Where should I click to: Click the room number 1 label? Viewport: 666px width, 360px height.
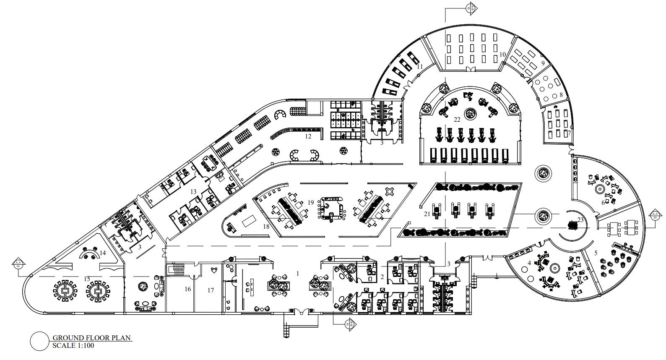(298, 274)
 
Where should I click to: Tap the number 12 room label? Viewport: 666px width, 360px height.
(308, 136)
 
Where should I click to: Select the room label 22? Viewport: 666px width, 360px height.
(457, 120)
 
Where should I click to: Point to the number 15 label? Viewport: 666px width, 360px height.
(87, 279)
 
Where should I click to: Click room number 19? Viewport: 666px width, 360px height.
(310, 202)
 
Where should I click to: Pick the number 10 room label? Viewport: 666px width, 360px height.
(502, 55)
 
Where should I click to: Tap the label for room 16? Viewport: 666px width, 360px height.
(187, 289)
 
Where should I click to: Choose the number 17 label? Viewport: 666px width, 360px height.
(211, 290)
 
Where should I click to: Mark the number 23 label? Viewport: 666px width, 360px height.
(580, 219)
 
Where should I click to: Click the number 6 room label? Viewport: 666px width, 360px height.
(604, 203)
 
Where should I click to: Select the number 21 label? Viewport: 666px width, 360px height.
(427, 214)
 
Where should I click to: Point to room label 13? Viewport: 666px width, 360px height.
(193, 192)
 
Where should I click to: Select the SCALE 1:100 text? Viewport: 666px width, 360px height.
(73, 346)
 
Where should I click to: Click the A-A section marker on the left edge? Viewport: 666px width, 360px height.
(18, 265)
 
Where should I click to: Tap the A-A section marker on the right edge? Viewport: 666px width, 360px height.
(655, 216)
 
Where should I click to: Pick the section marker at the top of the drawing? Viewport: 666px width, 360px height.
(472, 7)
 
